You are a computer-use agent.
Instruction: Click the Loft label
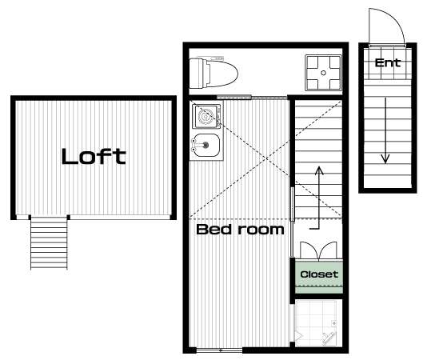tap(94, 156)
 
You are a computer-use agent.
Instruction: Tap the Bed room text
tap(240, 230)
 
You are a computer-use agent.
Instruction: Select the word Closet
tap(319, 274)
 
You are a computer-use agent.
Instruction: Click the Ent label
tap(388, 63)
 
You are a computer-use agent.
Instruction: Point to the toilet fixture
tap(213, 73)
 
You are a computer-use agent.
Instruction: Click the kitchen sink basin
tap(206, 146)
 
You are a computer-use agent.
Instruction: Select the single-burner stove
tap(206, 116)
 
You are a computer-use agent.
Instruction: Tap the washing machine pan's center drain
tap(323, 73)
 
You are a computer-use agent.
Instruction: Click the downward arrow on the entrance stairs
tap(385, 130)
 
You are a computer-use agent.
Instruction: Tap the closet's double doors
tap(318, 250)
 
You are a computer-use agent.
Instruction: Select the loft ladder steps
tap(49, 242)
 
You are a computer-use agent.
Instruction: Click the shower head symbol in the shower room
tap(329, 338)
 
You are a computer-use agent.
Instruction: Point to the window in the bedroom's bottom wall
tap(219, 350)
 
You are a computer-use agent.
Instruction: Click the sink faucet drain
tap(206, 145)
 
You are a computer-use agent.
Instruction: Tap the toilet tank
tap(197, 73)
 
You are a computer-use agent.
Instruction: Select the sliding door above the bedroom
tap(252, 97)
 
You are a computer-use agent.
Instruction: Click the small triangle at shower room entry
tap(299, 336)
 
